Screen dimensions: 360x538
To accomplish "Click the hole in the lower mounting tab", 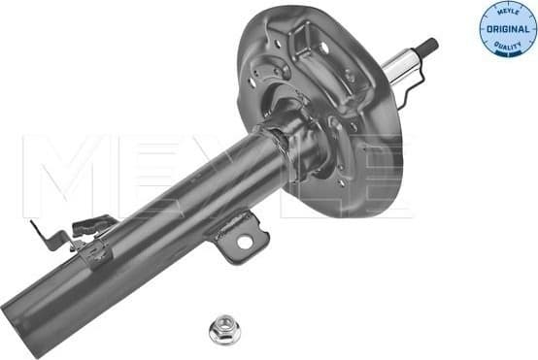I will pos(245,241).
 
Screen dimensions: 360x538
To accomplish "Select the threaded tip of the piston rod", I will pos(428,46).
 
